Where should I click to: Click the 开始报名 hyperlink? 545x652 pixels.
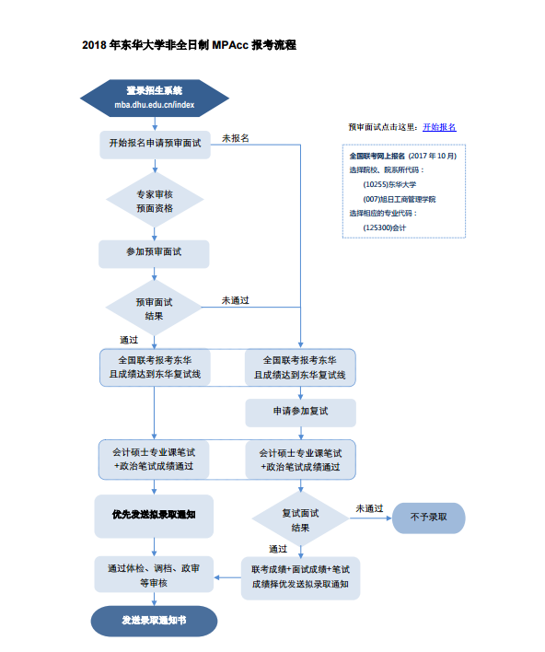coord(439,127)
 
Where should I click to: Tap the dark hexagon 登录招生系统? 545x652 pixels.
coord(155,99)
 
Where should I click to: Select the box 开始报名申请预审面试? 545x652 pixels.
coord(155,145)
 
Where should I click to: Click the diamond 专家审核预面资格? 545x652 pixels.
coord(155,201)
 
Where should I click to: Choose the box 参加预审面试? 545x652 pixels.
coord(154,253)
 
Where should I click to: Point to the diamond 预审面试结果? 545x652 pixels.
coord(154,308)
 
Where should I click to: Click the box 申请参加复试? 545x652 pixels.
coord(300,413)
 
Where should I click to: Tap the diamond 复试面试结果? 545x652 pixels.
coord(300,519)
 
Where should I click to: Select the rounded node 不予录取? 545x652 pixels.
coord(429,518)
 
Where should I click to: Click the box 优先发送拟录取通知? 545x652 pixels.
coord(154,516)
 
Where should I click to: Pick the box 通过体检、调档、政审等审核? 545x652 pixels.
coord(154,575)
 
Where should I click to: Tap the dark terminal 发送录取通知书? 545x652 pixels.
coord(154,621)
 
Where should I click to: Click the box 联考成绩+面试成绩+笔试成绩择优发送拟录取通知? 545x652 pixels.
coord(300,578)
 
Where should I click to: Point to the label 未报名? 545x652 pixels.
coord(236,138)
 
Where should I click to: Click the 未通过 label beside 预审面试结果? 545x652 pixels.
coord(236,300)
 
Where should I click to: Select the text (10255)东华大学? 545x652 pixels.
coord(389,184)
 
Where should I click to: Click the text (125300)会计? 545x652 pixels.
coord(385,227)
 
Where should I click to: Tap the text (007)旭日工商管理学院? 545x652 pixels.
coord(400,199)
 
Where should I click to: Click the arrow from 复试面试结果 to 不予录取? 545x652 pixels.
coord(370,518)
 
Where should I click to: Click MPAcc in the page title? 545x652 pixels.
coord(230,45)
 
